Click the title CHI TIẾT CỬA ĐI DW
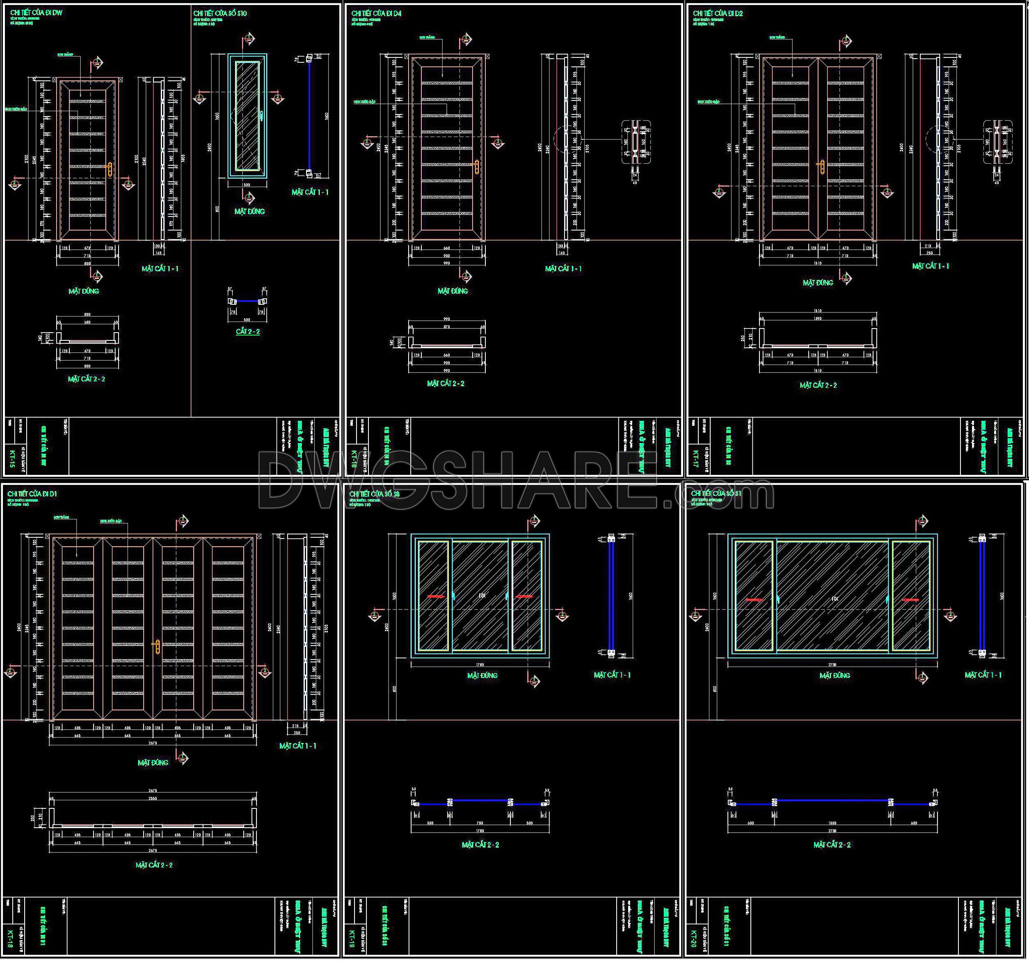tap(36, 12)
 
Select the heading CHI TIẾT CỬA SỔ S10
tap(220, 13)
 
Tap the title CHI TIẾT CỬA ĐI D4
tap(376, 13)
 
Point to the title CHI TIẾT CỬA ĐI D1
tap(32, 494)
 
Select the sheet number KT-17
tap(695, 459)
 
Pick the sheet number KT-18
tap(11, 938)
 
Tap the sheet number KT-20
tap(694, 938)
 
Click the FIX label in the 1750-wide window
tap(482, 596)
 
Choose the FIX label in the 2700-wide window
tap(835, 599)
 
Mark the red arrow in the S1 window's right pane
tap(910, 600)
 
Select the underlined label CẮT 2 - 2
tap(248, 331)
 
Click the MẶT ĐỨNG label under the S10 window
tap(249, 211)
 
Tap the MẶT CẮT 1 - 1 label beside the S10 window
tap(310, 192)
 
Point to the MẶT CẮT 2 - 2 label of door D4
tap(446, 383)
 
